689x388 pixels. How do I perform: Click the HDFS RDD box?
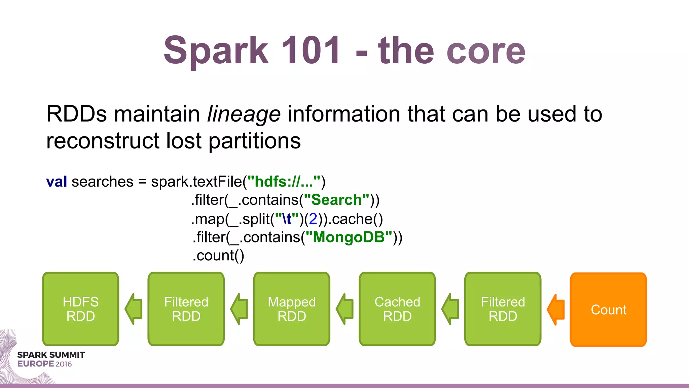[x=81, y=309]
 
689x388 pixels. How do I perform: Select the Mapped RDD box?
[x=292, y=309]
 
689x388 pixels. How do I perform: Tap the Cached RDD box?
[x=397, y=309]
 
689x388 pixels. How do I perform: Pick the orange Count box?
[x=608, y=310]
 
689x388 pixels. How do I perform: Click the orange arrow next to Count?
[x=556, y=309]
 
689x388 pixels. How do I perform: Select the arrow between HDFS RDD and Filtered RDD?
[x=134, y=309]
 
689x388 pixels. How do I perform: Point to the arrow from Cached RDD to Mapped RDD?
[x=345, y=309]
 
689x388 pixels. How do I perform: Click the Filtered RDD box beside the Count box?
[x=503, y=309]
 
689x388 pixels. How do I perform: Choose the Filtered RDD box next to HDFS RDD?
[x=186, y=309]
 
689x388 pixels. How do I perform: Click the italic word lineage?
[x=244, y=114]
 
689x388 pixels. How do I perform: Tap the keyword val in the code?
[x=57, y=182]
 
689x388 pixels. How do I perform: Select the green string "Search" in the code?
[x=336, y=200]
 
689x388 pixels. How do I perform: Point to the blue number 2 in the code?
[x=313, y=219]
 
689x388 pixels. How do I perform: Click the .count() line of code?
[x=218, y=256]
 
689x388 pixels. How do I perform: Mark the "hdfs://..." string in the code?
[x=284, y=182]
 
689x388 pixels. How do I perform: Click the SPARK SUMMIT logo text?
[x=51, y=355]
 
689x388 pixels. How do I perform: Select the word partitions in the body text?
[x=255, y=141]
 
